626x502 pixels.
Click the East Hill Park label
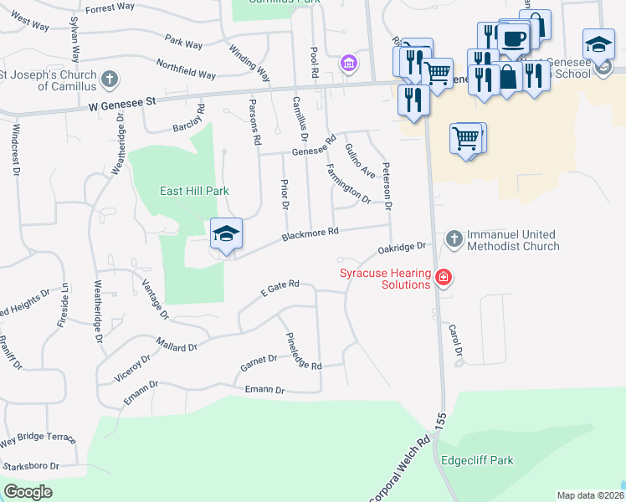[x=194, y=191]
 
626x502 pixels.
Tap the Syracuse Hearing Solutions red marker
[x=444, y=278]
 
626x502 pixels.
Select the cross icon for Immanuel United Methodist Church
[x=454, y=240]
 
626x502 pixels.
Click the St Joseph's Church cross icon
[x=108, y=80]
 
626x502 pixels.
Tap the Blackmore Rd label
[x=310, y=233]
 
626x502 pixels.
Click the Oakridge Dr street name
[x=403, y=248]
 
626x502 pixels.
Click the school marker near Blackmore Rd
[x=226, y=235]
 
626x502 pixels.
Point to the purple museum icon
[x=349, y=63]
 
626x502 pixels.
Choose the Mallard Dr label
[x=177, y=344]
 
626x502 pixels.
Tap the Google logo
[x=28, y=492]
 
